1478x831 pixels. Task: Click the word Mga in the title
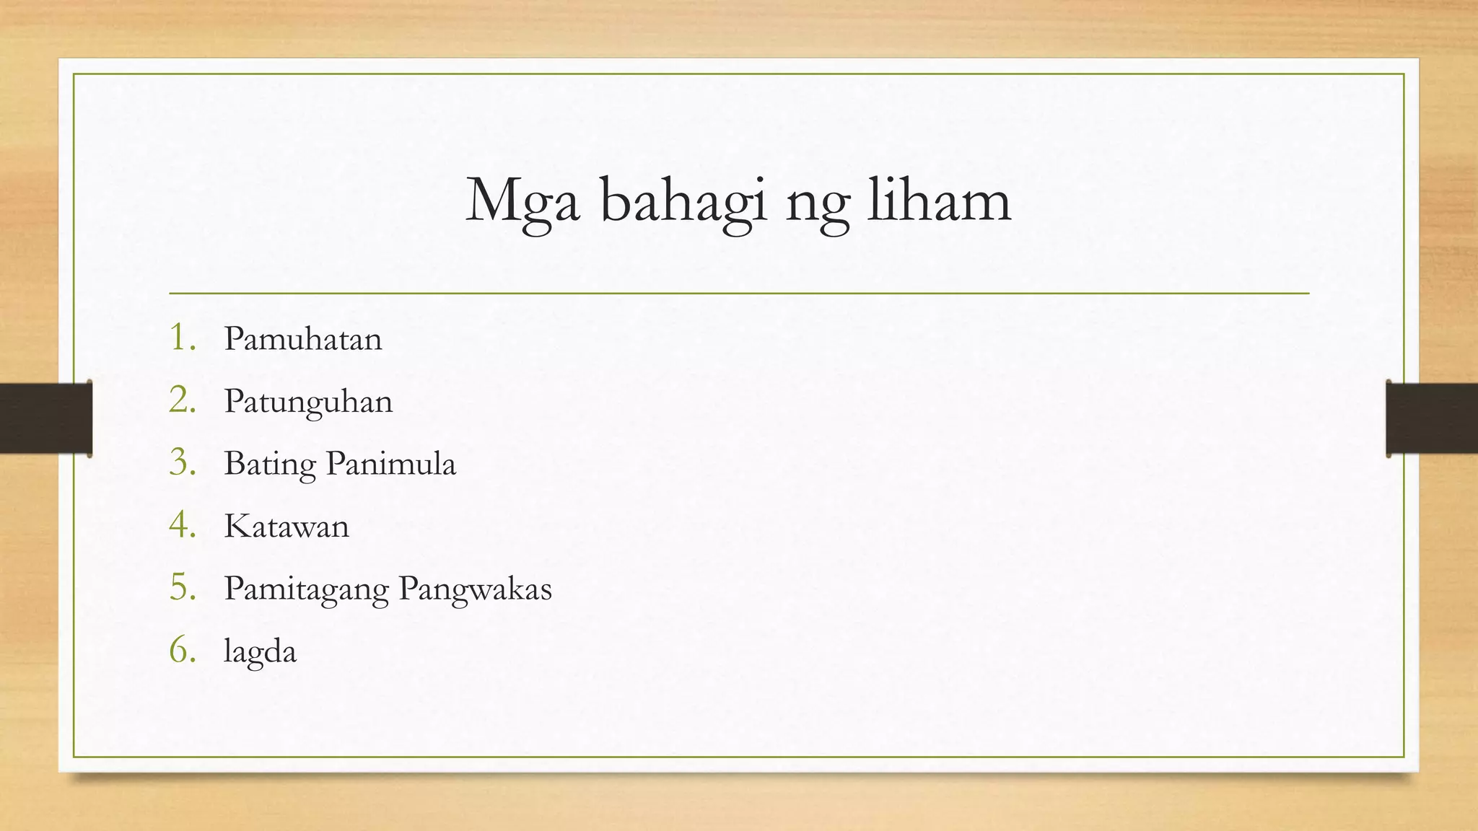pos(522,202)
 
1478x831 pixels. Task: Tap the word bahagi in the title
pos(683,202)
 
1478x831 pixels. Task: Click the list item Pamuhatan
pos(302,339)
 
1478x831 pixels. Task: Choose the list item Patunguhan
pos(308,402)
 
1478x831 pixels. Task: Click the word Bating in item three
pos(270,465)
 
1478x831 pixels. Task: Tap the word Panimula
pos(390,463)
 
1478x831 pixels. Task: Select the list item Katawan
pos(287,527)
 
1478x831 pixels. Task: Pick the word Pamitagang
pos(306,589)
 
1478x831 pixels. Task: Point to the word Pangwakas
pos(475,589)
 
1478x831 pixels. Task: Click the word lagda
pos(260,652)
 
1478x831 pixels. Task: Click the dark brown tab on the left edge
pos(45,418)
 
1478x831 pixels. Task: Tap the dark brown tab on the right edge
pos(1432,418)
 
